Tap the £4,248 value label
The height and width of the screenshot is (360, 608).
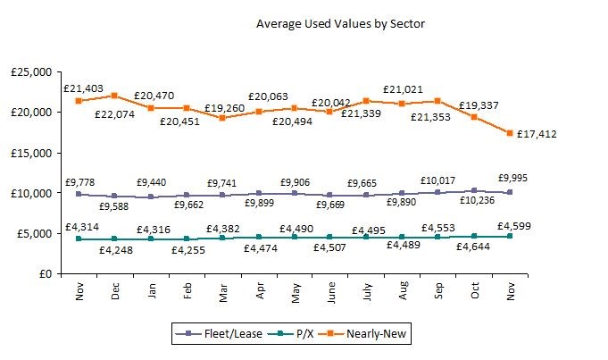pyautogui.click(x=114, y=249)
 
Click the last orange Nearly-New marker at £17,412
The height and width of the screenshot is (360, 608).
pyautogui.click(x=509, y=133)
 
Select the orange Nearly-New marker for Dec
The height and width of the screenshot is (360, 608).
pyautogui.click(x=114, y=96)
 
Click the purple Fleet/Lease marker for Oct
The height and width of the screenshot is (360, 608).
pyautogui.click(x=473, y=190)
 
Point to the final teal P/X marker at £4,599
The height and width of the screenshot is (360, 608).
pyautogui.click(x=509, y=236)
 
